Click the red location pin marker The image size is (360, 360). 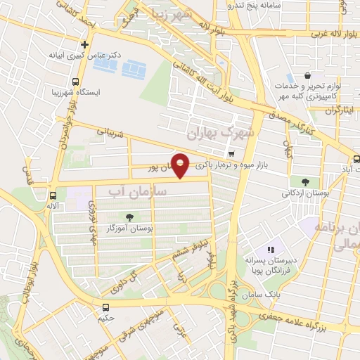181,165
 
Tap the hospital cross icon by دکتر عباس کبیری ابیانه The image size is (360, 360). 84,44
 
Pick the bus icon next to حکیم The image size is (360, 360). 105,307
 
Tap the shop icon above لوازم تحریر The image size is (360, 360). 307,75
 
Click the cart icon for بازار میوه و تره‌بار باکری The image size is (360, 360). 231,153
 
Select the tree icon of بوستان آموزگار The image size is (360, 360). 130,217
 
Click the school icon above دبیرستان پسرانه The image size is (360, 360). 271,250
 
